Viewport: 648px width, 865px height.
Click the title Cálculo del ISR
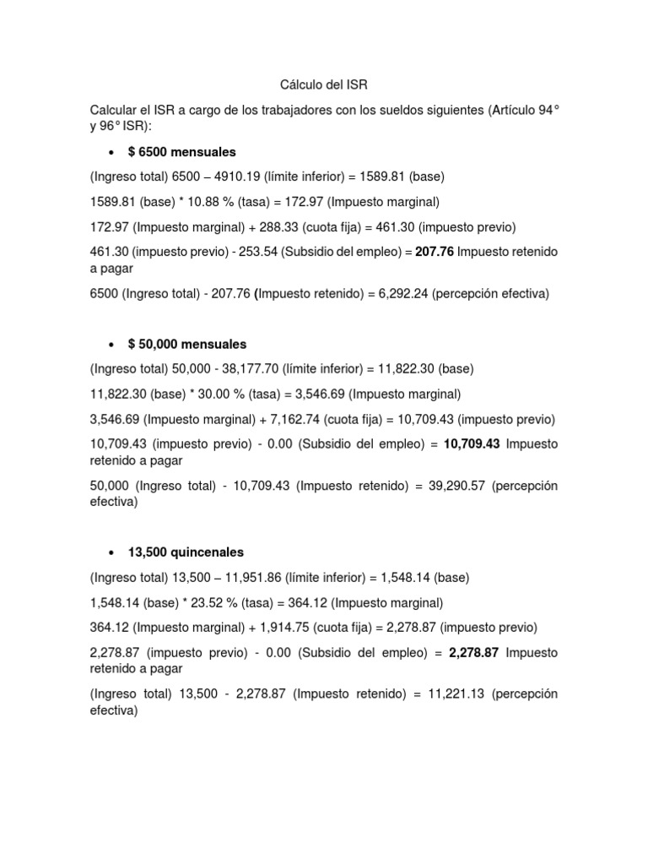tap(324, 85)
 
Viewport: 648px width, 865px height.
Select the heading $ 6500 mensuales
tap(181, 152)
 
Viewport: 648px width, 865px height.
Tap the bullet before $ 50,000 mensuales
tap(112, 345)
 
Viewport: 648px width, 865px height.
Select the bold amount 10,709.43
tap(471, 443)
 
